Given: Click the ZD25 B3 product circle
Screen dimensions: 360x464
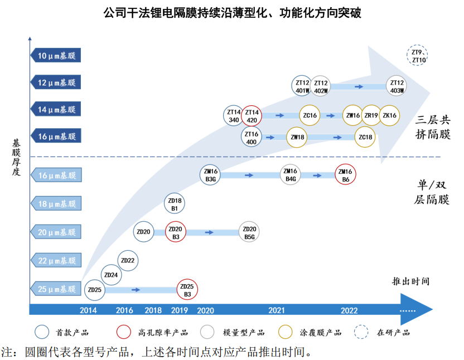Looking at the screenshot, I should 187,290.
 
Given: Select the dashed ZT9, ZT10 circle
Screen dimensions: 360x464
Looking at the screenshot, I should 418,56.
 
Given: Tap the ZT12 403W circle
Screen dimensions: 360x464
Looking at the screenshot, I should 397,86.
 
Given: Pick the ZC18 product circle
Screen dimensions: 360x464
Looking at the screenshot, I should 365,137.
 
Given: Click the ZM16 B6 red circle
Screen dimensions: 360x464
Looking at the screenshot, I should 345,176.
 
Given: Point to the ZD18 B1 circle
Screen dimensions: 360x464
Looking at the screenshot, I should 175,204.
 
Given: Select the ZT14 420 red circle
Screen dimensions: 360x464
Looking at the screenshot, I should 252,116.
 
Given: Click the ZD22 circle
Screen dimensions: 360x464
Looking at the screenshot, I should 128,260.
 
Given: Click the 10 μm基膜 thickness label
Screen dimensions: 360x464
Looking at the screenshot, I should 56,55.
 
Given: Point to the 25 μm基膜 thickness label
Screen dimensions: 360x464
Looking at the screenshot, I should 56,289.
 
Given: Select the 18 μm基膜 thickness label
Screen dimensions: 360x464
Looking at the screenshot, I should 56,204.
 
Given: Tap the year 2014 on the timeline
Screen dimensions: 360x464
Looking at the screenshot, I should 88,311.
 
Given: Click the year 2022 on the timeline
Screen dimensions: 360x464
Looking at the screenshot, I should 349,311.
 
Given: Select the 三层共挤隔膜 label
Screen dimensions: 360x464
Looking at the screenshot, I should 433,127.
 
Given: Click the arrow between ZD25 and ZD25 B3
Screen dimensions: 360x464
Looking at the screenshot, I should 136,290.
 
